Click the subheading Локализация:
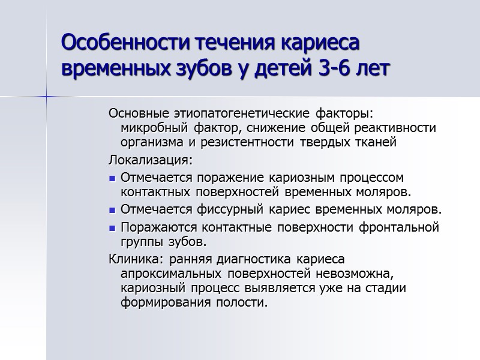tap(151, 161)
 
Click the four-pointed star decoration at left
tap(47, 97)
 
